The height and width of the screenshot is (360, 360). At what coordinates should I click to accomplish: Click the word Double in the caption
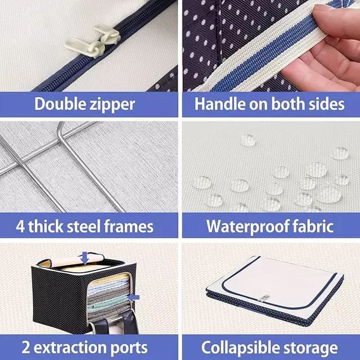pos(60,104)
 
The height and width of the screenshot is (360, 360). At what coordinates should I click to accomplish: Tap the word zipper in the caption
pos(112,105)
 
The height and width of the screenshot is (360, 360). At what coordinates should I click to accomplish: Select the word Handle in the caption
pos(220,103)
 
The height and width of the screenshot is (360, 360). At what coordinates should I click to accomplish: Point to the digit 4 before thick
pos(20,226)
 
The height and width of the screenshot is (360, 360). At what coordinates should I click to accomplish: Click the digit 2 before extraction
pos(26,347)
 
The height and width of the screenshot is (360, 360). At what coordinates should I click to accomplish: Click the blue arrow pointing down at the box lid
pos(85,258)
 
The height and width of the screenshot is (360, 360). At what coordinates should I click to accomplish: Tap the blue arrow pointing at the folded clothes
pos(133,298)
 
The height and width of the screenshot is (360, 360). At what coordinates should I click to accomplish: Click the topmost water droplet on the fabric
pos(248,140)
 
